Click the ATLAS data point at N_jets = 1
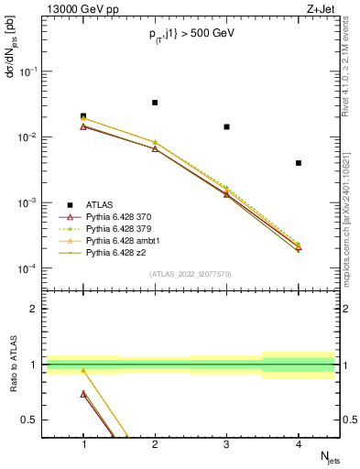click(83, 116)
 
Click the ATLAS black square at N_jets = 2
click(155, 103)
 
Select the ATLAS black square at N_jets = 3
click(226, 126)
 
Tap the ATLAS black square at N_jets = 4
click(299, 163)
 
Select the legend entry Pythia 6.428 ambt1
click(117, 239)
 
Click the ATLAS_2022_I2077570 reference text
click(191, 274)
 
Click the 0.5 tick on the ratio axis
click(34, 420)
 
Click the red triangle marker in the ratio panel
click(83, 394)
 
